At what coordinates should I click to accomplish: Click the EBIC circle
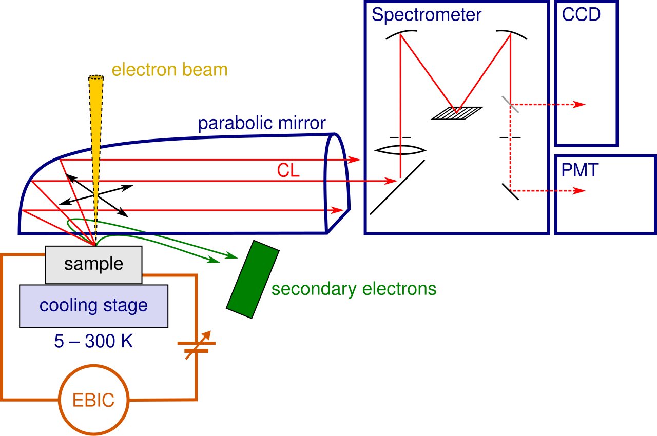coord(94,366)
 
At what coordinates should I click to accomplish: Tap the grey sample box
coord(94,265)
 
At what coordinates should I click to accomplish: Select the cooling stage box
coord(94,306)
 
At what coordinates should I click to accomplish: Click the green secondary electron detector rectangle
coord(253,279)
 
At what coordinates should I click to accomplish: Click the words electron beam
coord(169,70)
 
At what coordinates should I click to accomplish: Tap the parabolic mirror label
coord(262,123)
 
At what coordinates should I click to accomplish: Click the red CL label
coord(288,170)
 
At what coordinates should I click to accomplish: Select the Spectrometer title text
coord(427,15)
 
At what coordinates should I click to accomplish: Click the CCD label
coord(581,14)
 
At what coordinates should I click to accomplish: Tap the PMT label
coord(579,170)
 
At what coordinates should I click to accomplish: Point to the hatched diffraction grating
coord(457,113)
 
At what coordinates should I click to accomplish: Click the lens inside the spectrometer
coord(400,150)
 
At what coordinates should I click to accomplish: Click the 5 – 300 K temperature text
coord(93,341)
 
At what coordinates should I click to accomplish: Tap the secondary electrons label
coord(354,289)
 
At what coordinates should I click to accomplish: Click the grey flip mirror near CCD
coord(510,104)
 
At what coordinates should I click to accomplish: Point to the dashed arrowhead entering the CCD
coord(579,104)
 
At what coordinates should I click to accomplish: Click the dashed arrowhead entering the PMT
coord(579,191)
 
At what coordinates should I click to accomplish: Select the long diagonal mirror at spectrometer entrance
coord(397,188)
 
